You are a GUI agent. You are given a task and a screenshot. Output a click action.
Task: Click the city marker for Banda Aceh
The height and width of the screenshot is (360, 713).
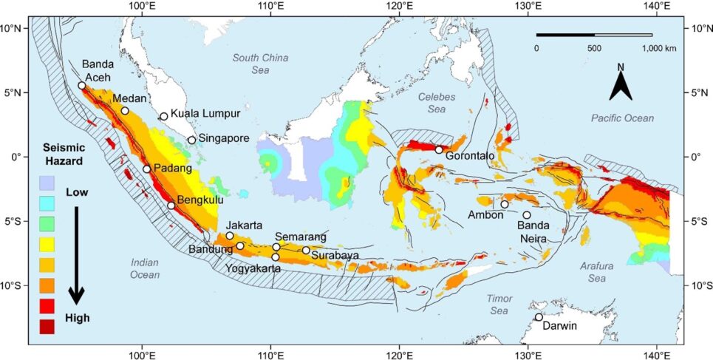coord(82,86)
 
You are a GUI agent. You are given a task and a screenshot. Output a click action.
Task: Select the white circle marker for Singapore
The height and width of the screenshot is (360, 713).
coord(191,140)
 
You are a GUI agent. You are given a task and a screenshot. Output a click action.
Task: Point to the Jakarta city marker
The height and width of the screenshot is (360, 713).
coord(230,236)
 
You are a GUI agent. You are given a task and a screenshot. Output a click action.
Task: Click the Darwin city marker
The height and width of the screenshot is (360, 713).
coord(539,317)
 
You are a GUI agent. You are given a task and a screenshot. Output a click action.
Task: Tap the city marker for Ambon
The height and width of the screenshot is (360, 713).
coord(505,205)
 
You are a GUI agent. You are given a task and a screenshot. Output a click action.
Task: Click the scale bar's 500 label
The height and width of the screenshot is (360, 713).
coord(594,48)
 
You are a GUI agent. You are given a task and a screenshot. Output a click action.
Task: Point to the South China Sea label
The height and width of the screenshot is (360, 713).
coord(260,64)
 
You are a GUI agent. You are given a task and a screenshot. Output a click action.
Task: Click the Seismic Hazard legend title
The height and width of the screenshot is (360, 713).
coord(63,153)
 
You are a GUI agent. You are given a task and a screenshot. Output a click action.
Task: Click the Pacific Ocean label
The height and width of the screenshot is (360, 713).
coord(622,118)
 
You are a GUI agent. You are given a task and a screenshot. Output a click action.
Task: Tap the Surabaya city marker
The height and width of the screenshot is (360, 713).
coord(306,250)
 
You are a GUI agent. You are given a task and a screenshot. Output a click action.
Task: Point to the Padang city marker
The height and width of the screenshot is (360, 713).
coord(146,169)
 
